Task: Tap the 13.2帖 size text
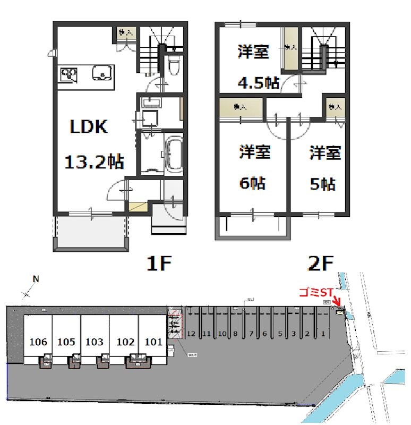[x=95, y=160]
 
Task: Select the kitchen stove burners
[x=68, y=74]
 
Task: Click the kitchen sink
[x=101, y=72]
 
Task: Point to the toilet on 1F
[x=173, y=66]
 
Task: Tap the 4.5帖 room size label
[x=258, y=83]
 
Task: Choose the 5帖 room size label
[x=322, y=184]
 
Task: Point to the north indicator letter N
[x=36, y=278]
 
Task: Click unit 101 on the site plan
[x=153, y=342]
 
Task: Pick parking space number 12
[x=192, y=334]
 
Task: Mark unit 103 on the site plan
[x=94, y=342]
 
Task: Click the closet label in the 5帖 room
[x=334, y=107]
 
